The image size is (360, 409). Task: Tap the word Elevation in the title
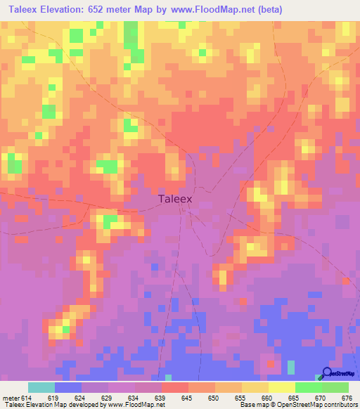pos(78,9)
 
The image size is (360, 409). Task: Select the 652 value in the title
pos(131,9)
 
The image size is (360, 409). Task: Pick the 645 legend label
pos(186,397)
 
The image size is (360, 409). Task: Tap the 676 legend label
pos(344,397)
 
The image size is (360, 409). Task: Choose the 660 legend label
pos(265,397)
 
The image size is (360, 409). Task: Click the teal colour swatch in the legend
pos(41,387)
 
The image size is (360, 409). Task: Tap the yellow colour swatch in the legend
pos(281,387)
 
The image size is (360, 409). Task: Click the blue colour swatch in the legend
pos(68,387)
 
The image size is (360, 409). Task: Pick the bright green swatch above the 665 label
pos(308,387)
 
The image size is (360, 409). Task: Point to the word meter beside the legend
pos(11,397)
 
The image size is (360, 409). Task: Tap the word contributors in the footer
pos(340,405)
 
